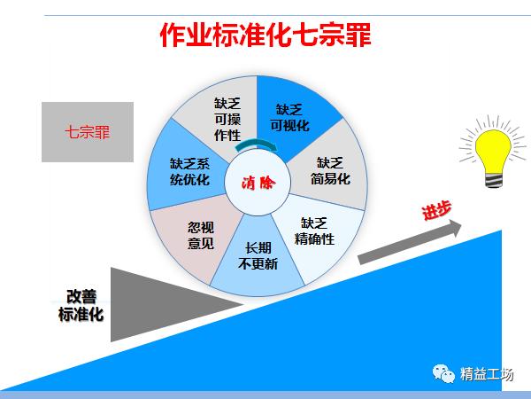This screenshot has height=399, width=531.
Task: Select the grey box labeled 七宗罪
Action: coord(87,132)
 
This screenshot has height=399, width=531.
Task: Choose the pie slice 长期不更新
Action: coord(258,256)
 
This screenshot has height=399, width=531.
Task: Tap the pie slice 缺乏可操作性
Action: coord(226,118)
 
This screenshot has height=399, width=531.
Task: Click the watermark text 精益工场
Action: coord(486,374)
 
